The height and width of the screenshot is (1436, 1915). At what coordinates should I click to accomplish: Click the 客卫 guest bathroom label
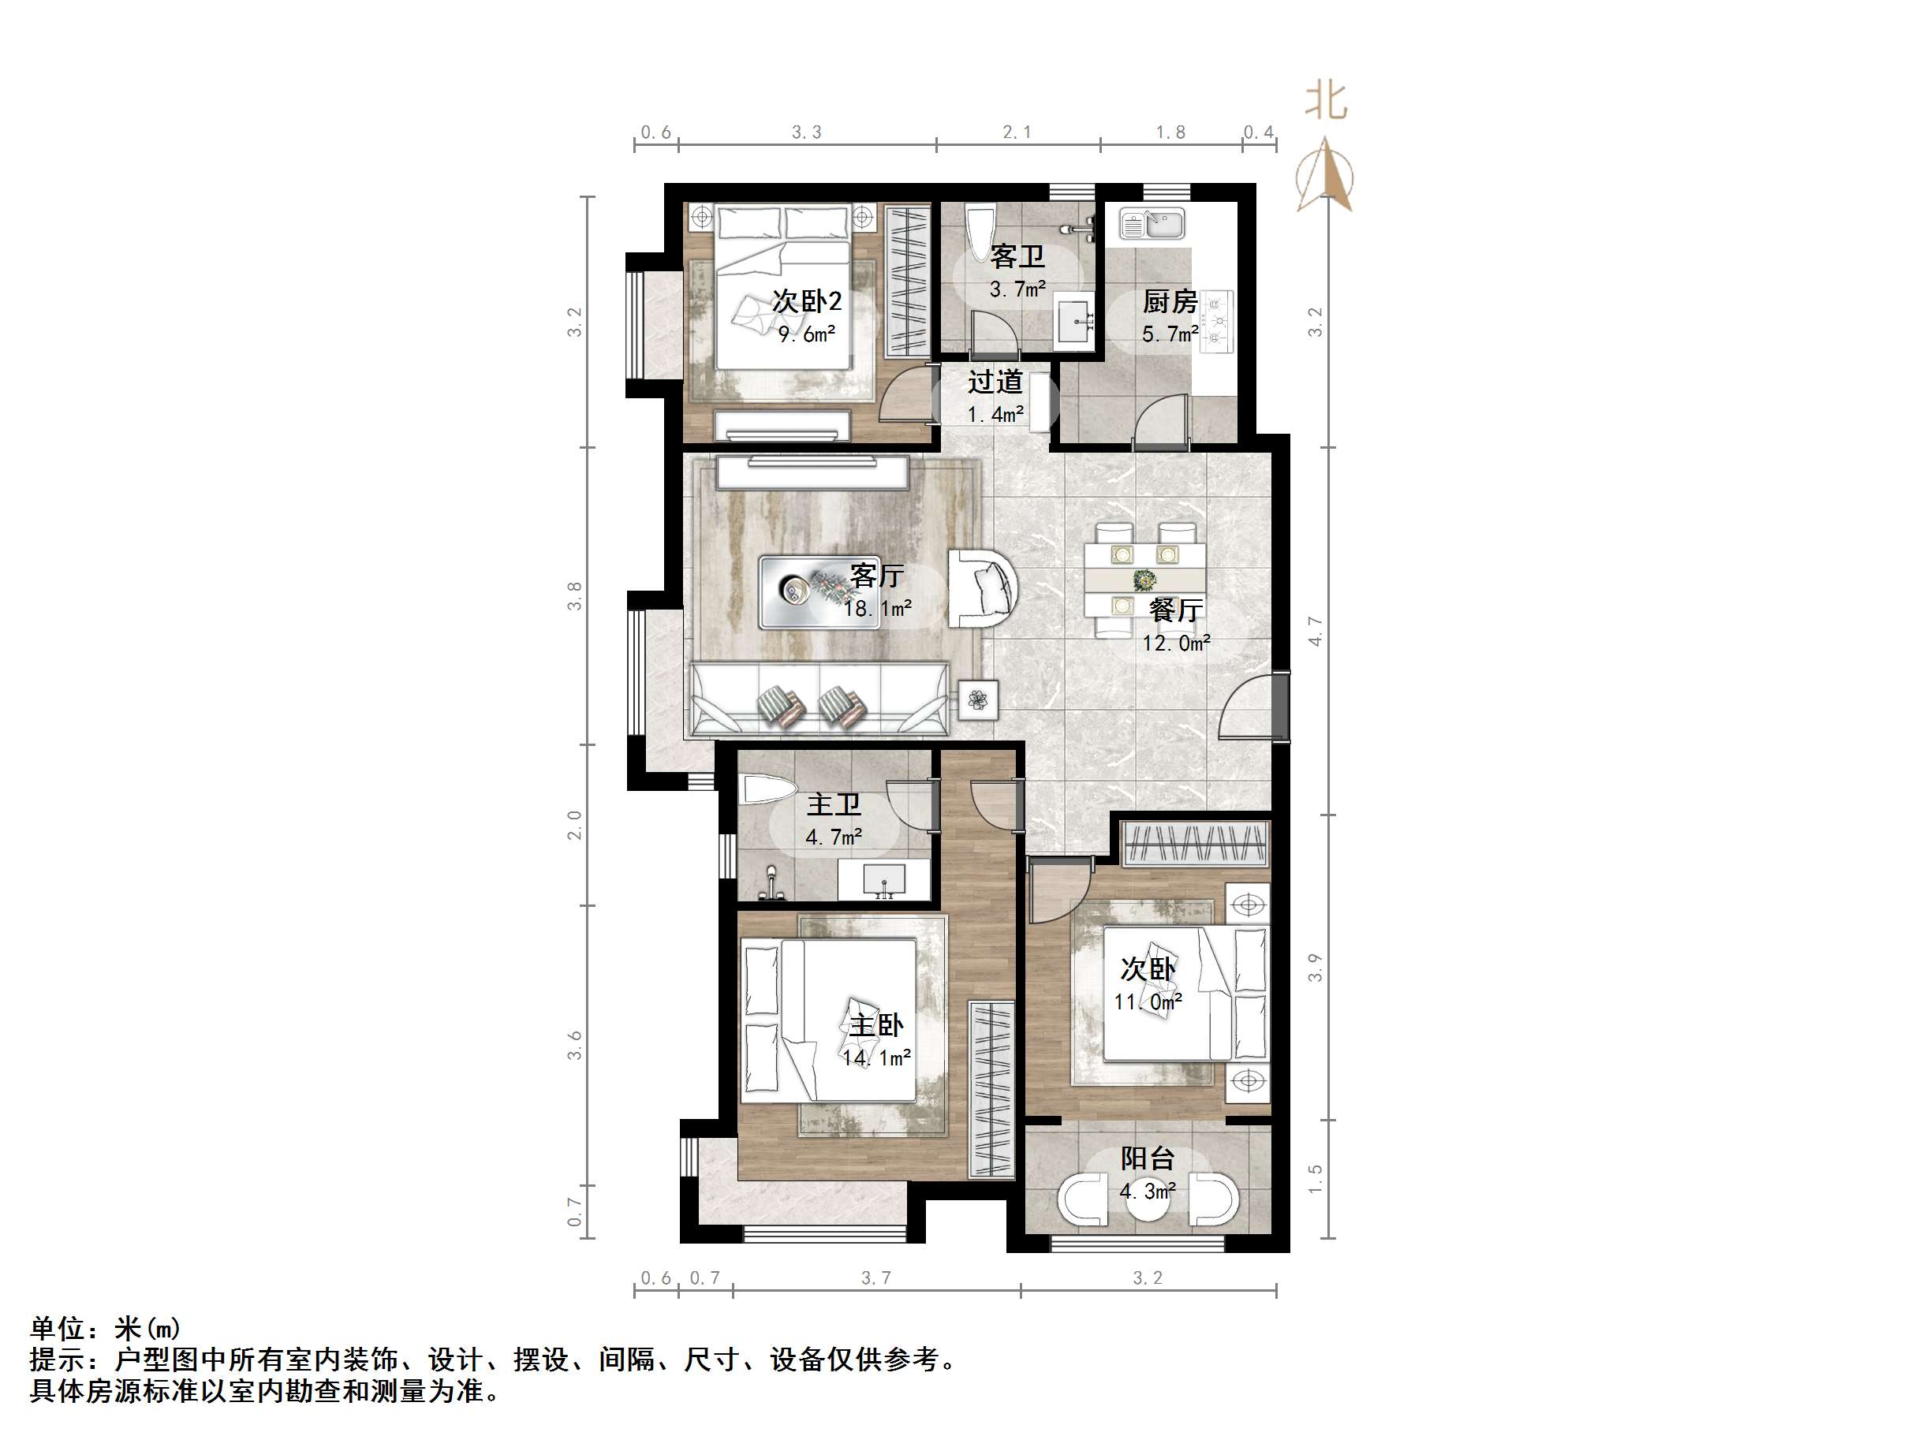[1017, 257]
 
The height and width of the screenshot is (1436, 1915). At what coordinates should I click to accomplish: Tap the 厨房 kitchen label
[1170, 302]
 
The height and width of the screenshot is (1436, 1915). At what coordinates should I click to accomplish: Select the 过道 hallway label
[995, 382]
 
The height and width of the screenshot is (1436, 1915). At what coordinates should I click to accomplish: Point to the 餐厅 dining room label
[1176, 611]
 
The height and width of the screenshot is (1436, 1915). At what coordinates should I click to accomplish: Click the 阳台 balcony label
[1147, 1159]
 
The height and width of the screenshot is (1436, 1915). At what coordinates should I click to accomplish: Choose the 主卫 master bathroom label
[834, 805]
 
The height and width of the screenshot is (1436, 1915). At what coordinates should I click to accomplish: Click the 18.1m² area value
[877, 610]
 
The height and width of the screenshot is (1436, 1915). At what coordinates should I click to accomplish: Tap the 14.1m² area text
[876, 1057]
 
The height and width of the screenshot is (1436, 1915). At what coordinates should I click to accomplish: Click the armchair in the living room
[981, 588]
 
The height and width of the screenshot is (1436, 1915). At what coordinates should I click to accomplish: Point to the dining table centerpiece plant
[1144, 579]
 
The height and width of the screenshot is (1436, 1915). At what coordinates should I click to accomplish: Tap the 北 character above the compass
[1326, 101]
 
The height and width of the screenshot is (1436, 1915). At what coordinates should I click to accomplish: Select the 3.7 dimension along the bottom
[875, 1278]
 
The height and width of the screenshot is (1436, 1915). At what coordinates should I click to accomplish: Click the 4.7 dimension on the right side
[1315, 631]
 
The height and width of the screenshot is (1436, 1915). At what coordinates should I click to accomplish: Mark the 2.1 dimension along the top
[1017, 132]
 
